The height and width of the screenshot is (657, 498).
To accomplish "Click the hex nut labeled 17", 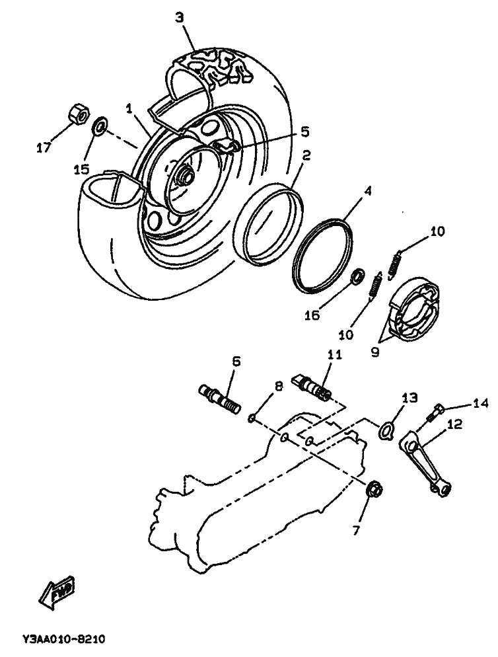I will (x=79, y=115).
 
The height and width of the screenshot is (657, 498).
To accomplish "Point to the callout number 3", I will (x=180, y=18).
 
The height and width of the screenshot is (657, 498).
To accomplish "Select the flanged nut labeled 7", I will (x=371, y=490).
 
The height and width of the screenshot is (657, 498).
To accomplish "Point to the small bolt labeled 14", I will (x=436, y=411).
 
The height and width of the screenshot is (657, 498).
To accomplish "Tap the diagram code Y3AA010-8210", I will (x=64, y=640).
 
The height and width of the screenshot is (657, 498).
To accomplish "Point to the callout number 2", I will (x=306, y=156).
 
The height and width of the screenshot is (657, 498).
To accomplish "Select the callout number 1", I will (x=130, y=106).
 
